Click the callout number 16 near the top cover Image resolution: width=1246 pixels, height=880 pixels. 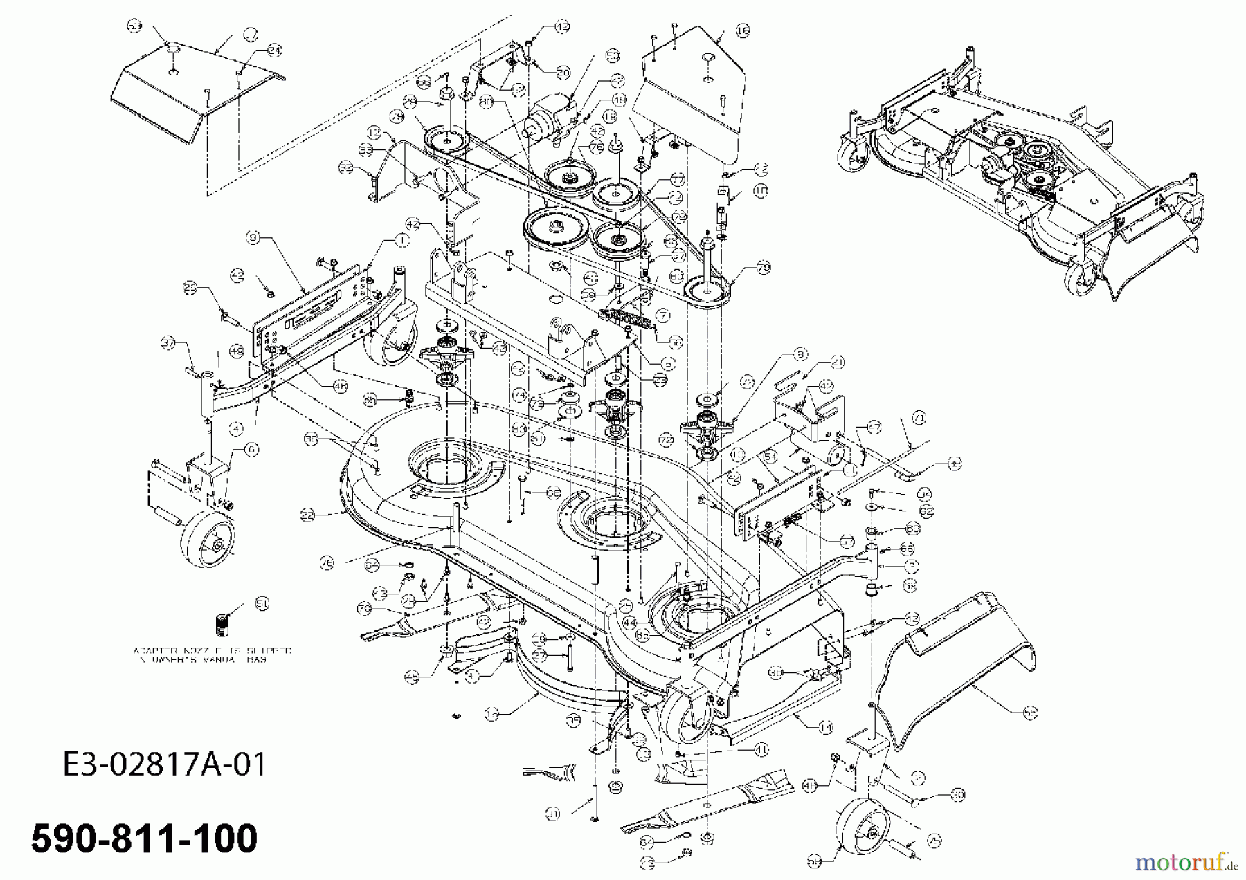coord(742,30)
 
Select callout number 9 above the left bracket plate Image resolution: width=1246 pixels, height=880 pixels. coord(253,237)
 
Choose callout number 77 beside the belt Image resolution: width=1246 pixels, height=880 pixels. coord(677,179)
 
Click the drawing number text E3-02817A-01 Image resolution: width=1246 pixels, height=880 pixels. coord(164,765)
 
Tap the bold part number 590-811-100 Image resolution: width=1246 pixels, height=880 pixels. coord(145,838)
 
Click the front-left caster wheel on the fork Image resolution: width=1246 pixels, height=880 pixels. coord(207,540)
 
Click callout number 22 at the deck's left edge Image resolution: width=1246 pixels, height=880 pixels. coord(308,514)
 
